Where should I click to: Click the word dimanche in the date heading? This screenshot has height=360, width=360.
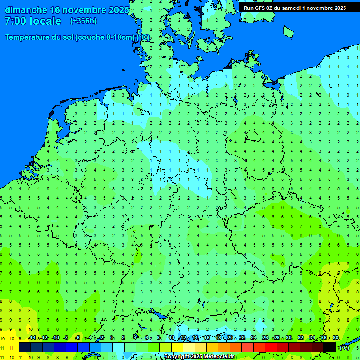(x=25, y=10)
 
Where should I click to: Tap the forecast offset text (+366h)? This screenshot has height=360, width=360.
(x=83, y=21)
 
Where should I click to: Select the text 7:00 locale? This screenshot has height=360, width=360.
(x=33, y=21)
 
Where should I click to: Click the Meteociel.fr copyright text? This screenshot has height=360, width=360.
(x=199, y=357)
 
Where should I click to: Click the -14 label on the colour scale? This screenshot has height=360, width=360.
(x=32, y=338)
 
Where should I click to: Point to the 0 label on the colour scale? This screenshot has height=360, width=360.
(x=112, y=338)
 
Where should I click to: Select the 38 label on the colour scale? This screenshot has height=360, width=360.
(x=336, y=338)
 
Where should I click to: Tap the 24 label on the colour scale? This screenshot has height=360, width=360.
(x=253, y=338)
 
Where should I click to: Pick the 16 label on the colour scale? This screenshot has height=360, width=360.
(x=206, y=338)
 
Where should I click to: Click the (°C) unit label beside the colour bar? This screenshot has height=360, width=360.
(x=344, y=347)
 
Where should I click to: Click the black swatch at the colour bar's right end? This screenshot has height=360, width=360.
(x=330, y=347)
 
